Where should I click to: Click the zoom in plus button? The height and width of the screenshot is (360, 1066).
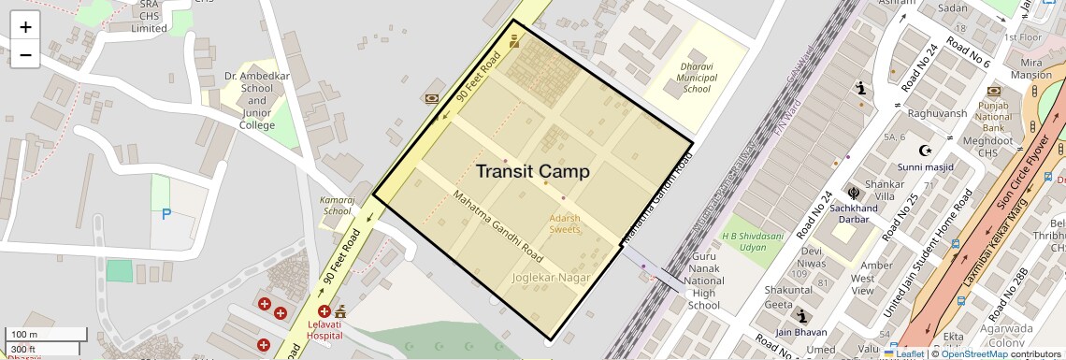[25, 27]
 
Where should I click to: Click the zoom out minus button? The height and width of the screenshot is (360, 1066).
[25, 54]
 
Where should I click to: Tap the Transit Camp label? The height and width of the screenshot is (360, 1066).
[533, 172]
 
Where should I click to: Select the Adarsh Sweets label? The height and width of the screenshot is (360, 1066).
[564, 223]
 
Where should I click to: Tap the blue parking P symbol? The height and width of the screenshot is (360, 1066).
[166, 214]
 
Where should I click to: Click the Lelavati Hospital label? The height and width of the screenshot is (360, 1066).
[324, 330]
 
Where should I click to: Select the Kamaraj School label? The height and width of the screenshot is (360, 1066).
[336, 206]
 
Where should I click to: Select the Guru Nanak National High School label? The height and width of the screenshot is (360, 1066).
[703, 281]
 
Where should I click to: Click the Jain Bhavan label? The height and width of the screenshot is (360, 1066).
[800, 332]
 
